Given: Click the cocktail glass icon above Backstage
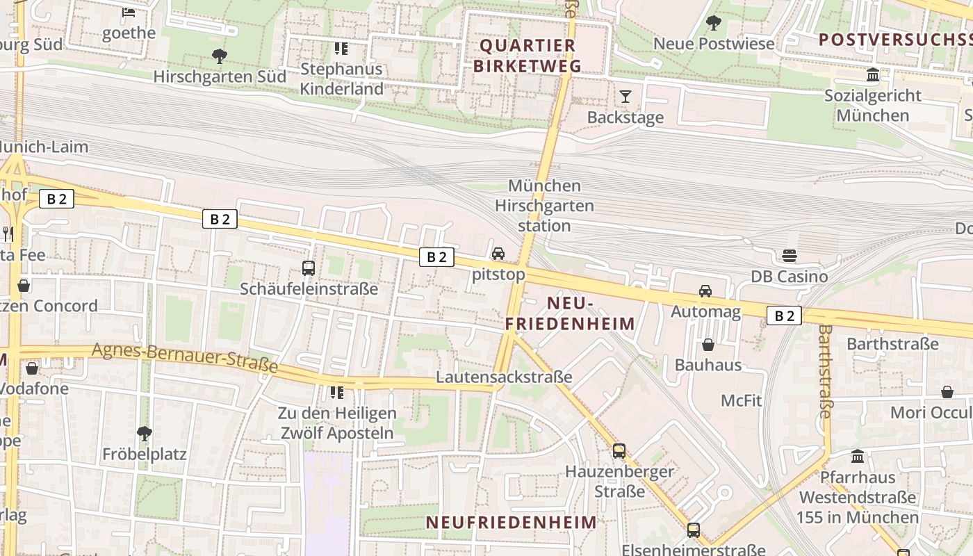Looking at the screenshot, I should tap(625, 97).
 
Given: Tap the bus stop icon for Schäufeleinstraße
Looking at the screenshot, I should tap(309, 268).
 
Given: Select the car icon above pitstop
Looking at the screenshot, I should tap(498, 254).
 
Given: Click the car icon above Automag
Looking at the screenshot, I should tap(705, 291).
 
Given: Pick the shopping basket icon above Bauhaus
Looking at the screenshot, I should tap(708, 345).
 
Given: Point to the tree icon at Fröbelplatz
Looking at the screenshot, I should tap(145, 434).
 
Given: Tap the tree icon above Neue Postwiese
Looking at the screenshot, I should tap(713, 23).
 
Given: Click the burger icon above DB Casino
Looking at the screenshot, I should tap(790, 256).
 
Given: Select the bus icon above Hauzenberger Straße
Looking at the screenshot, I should tap(619, 451).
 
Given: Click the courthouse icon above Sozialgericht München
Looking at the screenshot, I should tap(873, 75).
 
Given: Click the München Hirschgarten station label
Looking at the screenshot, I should tap(544, 206).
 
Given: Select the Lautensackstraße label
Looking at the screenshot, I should tap(504, 377).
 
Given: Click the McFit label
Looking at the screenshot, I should tap(741, 400).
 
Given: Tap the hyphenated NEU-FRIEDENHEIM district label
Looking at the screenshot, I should tap(570, 313).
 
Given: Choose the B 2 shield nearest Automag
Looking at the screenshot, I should tap(784, 316).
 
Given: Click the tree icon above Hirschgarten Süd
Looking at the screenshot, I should tap(220, 56).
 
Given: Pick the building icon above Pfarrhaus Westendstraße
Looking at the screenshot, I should tap(858, 457).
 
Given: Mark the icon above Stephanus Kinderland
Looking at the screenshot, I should tap(341, 49).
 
